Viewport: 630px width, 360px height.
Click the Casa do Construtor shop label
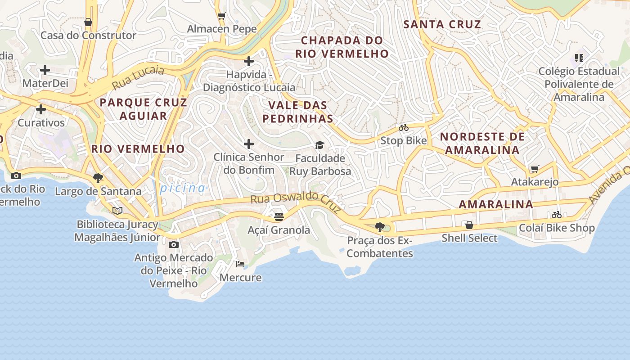pyautogui.click(x=88, y=35)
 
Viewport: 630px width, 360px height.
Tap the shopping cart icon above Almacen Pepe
pyautogui.click(x=221, y=16)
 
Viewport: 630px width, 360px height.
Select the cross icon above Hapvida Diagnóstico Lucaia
pyautogui.click(x=249, y=61)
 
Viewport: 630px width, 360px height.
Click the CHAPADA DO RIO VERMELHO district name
pyautogui.click(x=342, y=47)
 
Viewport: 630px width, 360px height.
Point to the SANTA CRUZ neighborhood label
pyautogui.click(x=442, y=24)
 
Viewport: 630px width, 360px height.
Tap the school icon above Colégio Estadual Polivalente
pyautogui.click(x=579, y=58)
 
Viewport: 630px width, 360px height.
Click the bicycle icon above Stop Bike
pyautogui.click(x=404, y=127)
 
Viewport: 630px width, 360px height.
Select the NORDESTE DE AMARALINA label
pyautogui.click(x=482, y=143)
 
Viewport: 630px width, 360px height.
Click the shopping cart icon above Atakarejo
pyautogui.click(x=535, y=169)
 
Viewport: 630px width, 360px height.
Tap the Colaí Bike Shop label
pyautogui.click(x=557, y=228)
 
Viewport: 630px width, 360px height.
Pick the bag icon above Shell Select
pyautogui.click(x=469, y=225)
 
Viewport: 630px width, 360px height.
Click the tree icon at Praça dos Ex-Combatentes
pyautogui.click(x=379, y=227)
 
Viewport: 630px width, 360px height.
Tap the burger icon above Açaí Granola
pyautogui.click(x=279, y=217)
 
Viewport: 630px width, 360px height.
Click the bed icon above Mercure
pyautogui.click(x=240, y=264)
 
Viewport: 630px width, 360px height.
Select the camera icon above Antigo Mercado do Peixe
pyautogui.click(x=174, y=244)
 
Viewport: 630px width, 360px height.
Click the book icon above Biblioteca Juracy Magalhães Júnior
pyautogui.click(x=117, y=211)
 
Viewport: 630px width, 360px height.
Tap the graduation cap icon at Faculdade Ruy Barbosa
pyautogui.click(x=319, y=145)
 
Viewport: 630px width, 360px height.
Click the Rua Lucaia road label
pyautogui.click(x=138, y=77)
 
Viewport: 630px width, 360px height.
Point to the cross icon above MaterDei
pyautogui.click(x=45, y=70)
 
